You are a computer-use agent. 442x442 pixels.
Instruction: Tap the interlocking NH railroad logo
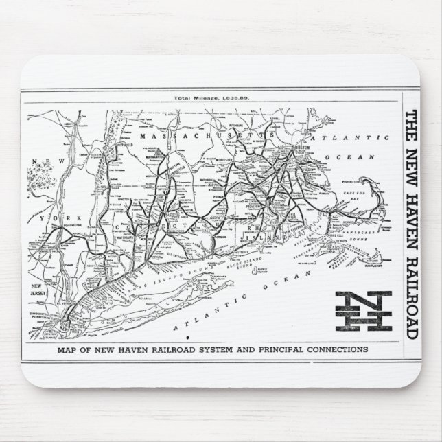coord(362,312)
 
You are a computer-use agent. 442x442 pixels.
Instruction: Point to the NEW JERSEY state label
coord(38,288)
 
